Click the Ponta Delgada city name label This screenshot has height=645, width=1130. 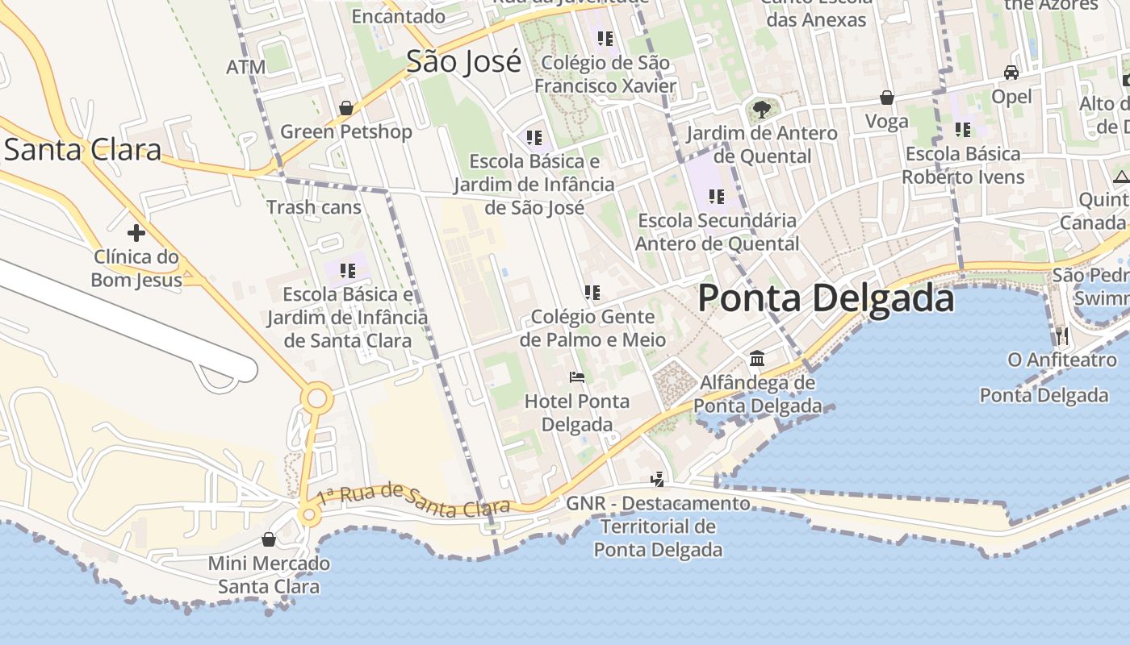click(826, 298)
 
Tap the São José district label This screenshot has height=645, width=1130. click(463, 61)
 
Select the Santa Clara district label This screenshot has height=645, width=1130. click(82, 150)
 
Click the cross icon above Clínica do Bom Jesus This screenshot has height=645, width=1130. click(136, 233)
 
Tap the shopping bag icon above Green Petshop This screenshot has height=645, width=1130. click(346, 108)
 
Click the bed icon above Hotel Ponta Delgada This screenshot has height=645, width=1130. click(576, 377)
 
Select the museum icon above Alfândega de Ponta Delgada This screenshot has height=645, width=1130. click(757, 358)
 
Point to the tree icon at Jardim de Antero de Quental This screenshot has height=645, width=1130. click(761, 109)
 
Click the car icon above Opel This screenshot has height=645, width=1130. click(1011, 73)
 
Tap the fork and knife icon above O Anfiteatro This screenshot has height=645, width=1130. click(1062, 335)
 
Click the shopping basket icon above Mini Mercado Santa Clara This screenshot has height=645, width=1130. click(269, 539)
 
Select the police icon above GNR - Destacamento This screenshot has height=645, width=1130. click(658, 480)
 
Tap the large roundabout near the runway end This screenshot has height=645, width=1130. click(316, 398)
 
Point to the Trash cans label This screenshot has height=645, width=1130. click(314, 207)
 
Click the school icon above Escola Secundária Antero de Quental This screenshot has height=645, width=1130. click(716, 196)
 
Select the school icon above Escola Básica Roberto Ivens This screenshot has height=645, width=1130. click(962, 129)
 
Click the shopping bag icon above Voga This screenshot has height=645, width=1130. click(886, 98)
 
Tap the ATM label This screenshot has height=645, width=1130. click(245, 67)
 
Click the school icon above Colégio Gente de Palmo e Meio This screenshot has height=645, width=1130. click(592, 293)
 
